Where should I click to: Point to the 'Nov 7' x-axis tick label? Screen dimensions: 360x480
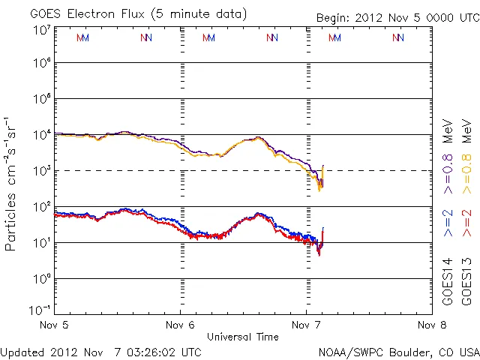coord(305,325)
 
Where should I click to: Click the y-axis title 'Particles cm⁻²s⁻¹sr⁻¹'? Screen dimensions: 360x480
coord(11,183)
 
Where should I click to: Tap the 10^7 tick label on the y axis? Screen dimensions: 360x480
coord(41,31)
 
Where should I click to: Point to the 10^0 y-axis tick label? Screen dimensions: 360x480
coord(41,279)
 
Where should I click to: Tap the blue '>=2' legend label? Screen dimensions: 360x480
coord(448,222)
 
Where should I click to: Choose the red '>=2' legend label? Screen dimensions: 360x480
coord(466,222)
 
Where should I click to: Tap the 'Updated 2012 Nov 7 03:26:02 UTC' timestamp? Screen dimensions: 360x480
coord(100,352)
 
